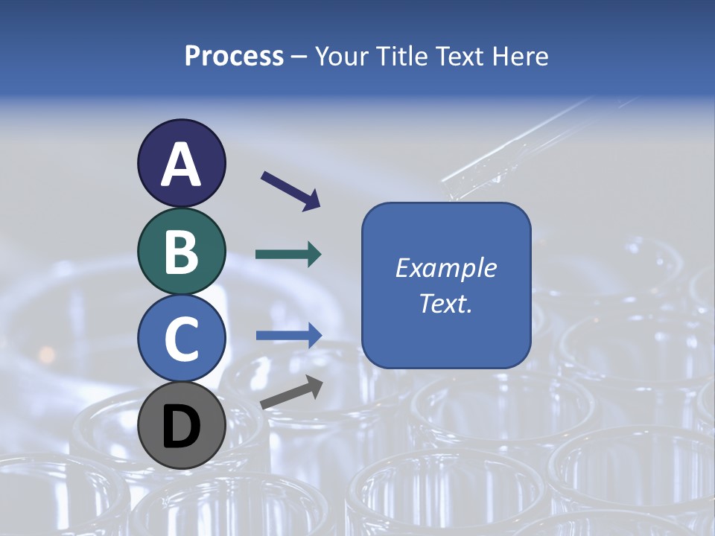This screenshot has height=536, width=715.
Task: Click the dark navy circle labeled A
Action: [x=181, y=163]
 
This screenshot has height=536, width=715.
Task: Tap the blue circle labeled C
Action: [x=181, y=338]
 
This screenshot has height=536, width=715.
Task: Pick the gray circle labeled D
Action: [x=181, y=426]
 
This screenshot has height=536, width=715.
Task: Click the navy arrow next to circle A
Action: [x=290, y=190]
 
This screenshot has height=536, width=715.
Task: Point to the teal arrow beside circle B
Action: [x=288, y=255]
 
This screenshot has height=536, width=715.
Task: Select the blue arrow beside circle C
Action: [x=288, y=335]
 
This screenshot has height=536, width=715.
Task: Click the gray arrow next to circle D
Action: [x=291, y=392]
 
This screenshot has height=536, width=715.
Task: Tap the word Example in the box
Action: [x=446, y=268]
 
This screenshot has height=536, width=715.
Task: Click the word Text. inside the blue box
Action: [x=446, y=304]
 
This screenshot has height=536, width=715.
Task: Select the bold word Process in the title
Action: [x=234, y=56]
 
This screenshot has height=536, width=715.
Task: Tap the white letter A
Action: [x=181, y=165]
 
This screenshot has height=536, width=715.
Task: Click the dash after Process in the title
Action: [x=299, y=57]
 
